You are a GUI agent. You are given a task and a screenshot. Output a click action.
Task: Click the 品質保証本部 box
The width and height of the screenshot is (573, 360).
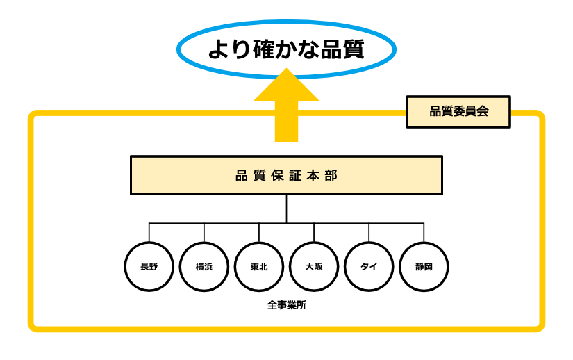(286, 175)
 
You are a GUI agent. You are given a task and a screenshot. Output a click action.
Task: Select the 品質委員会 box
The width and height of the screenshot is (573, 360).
(458, 111)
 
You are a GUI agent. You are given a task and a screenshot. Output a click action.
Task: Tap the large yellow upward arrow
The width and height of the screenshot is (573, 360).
(286, 104)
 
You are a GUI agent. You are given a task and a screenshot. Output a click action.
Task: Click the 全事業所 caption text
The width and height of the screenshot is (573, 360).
(286, 305)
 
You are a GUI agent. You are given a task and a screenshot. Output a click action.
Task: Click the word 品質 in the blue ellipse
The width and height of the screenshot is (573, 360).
(343, 49)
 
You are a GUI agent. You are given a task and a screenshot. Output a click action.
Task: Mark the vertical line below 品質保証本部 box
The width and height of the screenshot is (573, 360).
(286, 208)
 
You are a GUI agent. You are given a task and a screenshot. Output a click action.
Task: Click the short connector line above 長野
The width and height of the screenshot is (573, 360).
(149, 232)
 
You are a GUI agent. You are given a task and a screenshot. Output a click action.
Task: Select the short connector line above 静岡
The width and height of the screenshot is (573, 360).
(424, 232)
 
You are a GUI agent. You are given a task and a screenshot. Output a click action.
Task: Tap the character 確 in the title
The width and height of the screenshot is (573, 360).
(264, 49)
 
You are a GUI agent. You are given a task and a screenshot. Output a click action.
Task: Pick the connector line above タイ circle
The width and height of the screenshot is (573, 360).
(369, 232)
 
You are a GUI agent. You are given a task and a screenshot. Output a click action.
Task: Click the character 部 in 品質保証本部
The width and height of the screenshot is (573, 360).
(331, 175)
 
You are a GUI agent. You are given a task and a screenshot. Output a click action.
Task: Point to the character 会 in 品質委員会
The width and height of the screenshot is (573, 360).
(483, 111)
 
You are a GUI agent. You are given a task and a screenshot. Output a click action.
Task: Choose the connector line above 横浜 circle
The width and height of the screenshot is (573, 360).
(204, 232)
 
